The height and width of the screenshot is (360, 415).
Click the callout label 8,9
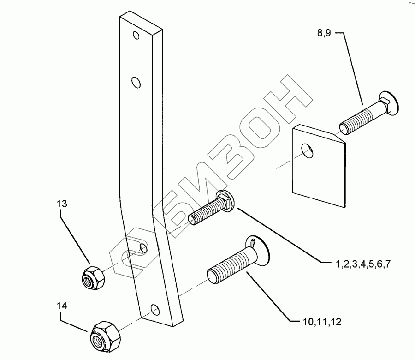pos(328,33)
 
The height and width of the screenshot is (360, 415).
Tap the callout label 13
pos(62,204)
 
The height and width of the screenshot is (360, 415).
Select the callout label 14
pos(62,306)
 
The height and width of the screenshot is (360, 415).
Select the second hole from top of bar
pos(135,82)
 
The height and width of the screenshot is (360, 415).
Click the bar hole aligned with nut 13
pos(143,249)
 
